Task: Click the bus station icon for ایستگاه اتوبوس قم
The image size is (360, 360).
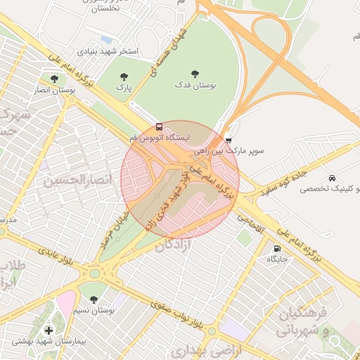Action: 160,127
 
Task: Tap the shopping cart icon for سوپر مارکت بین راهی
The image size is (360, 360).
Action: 229,140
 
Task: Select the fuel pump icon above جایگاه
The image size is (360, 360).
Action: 276,248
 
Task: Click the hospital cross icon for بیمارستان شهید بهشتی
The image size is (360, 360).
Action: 49,330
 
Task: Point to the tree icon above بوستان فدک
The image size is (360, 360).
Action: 195,73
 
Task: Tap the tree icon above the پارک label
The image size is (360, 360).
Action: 124,76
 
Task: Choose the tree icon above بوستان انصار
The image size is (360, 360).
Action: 54,78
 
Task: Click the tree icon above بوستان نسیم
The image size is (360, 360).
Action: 94,298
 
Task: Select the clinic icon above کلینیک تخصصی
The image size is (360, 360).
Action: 331,178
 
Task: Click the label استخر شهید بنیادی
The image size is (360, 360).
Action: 108,52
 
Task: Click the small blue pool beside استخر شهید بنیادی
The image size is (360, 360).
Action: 107,39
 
